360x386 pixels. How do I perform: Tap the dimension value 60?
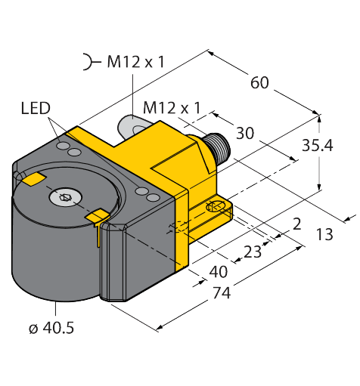click(259, 83)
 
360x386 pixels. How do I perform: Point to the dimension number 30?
click(244, 134)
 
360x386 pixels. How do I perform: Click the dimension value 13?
click(324, 235)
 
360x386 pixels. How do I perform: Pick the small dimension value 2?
click(296, 224)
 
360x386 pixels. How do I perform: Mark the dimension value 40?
click(218, 271)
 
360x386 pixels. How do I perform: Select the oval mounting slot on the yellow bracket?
click(217, 206)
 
